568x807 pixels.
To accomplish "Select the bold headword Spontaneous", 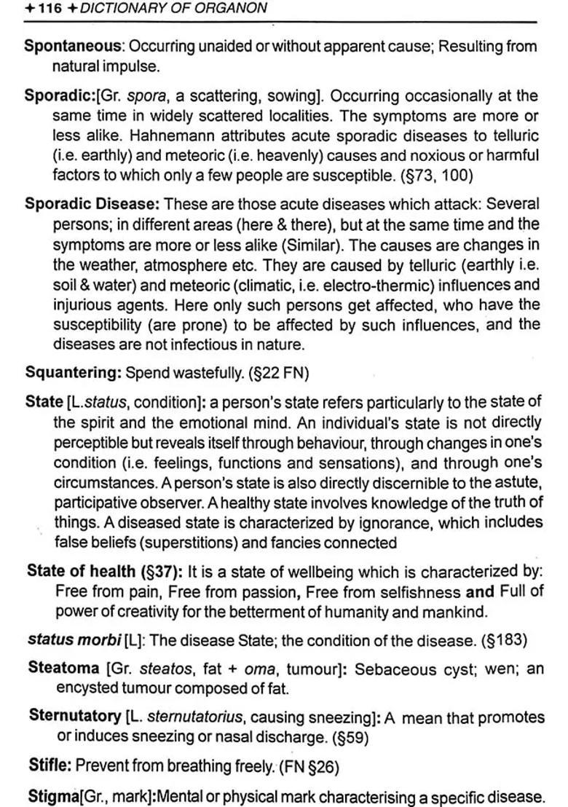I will click(73, 46).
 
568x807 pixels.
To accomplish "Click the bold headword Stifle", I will click(49, 765).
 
